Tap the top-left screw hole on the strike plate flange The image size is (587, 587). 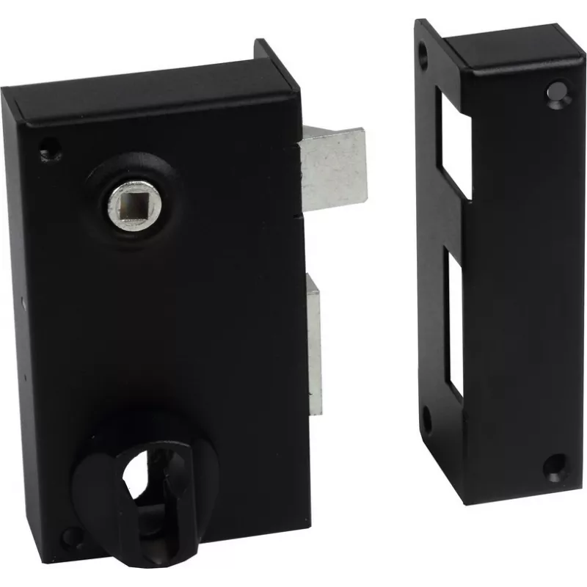(424, 51)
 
